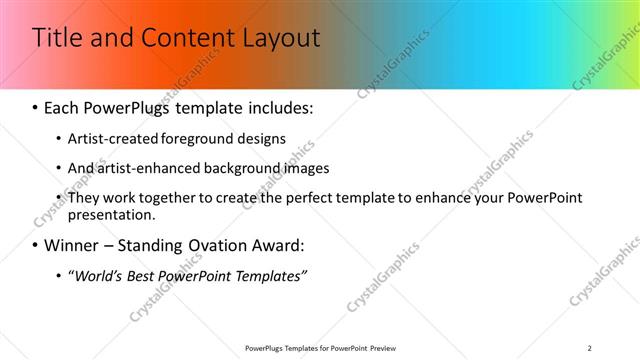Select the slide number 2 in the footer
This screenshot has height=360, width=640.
pyautogui.click(x=589, y=348)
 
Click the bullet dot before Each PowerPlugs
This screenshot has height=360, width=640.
pyautogui.click(x=37, y=106)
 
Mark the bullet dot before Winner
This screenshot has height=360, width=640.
pyautogui.click(x=37, y=245)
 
